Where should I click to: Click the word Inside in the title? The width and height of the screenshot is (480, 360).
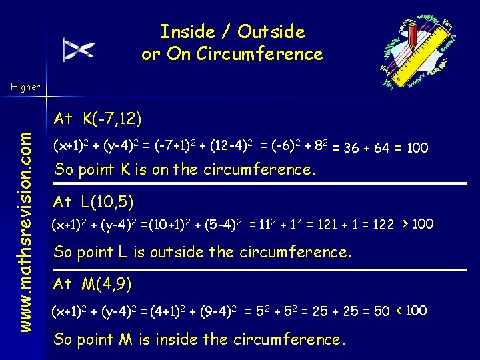coord(187,31)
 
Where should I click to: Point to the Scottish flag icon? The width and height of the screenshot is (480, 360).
coord(78,49)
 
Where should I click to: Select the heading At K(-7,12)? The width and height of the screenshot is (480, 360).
coord(97,119)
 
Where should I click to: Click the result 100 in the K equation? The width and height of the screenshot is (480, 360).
coord(417,148)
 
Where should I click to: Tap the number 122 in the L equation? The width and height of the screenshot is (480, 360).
coord(383,225)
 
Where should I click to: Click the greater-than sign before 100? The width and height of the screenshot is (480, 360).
coord(405,223)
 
